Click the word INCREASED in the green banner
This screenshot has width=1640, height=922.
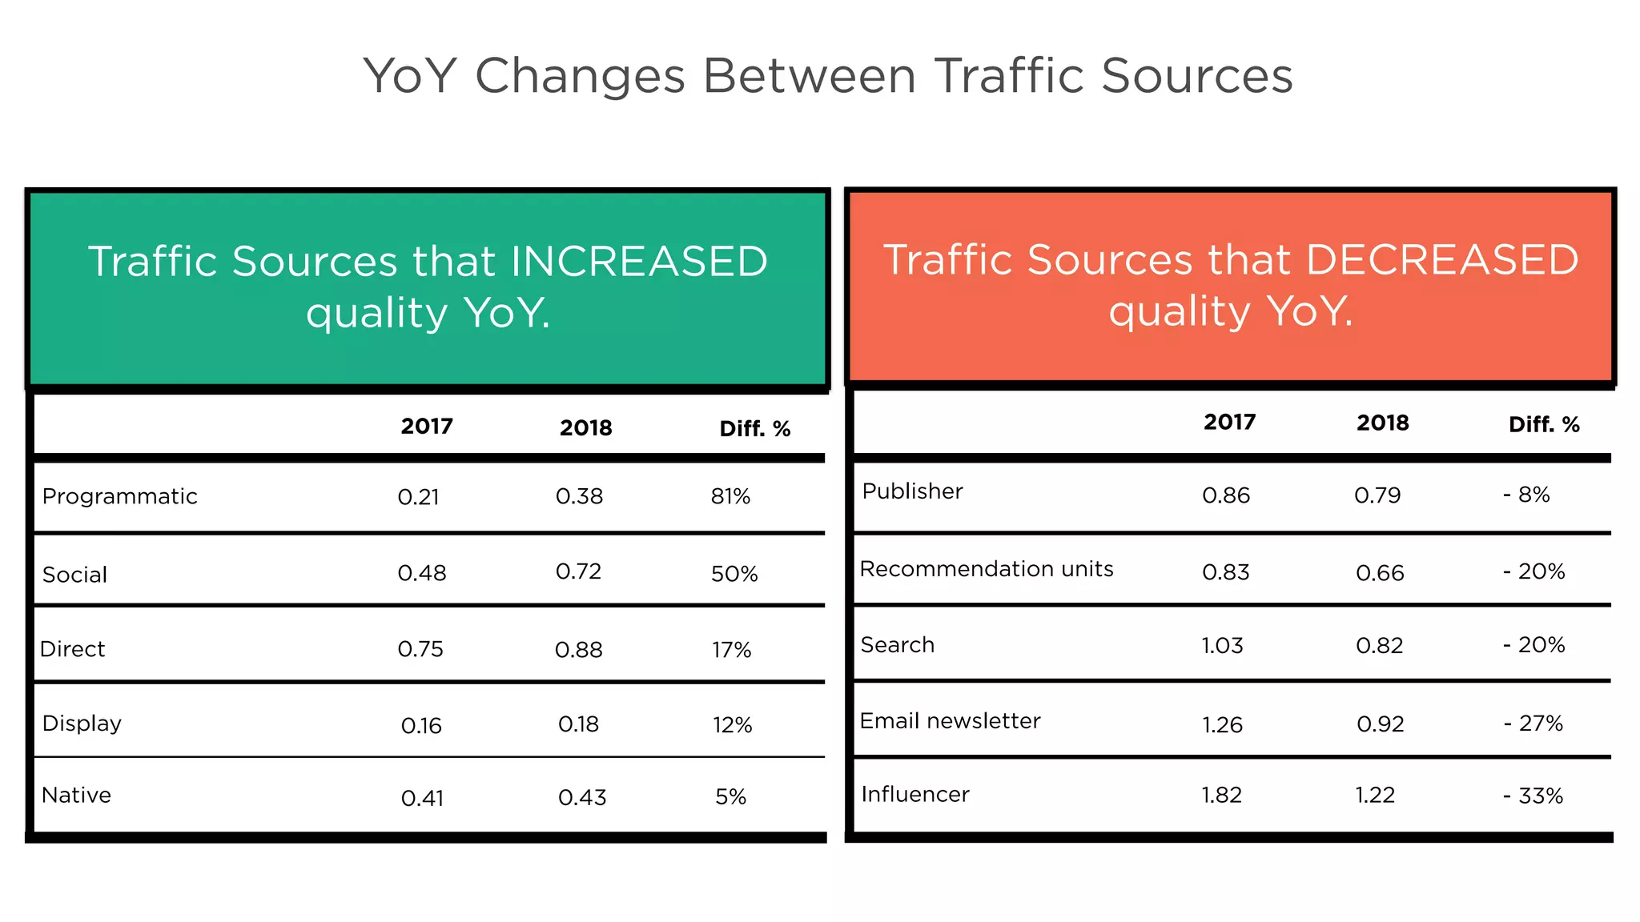638,262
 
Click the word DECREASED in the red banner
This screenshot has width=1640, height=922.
1441,260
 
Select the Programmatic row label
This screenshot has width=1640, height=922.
119,496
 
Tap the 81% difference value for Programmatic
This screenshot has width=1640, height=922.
730,497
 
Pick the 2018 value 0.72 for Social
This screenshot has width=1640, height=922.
578,571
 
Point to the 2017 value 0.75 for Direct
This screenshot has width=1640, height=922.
420,649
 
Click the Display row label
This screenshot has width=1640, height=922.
82,724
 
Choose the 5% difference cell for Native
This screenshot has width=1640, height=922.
730,797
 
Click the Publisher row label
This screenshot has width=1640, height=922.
912,491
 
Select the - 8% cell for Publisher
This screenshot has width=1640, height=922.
1526,495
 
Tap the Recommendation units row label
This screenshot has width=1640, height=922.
986,569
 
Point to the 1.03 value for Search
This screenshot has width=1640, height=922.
1222,645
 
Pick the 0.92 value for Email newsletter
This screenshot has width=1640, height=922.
1380,724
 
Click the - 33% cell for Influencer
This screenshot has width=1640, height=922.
1533,796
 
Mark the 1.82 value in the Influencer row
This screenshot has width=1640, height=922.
1221,795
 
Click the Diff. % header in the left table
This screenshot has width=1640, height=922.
754,429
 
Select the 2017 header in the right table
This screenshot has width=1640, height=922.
1229,423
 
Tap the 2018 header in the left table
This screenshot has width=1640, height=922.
585,428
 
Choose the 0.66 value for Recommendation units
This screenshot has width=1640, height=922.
1380,573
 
